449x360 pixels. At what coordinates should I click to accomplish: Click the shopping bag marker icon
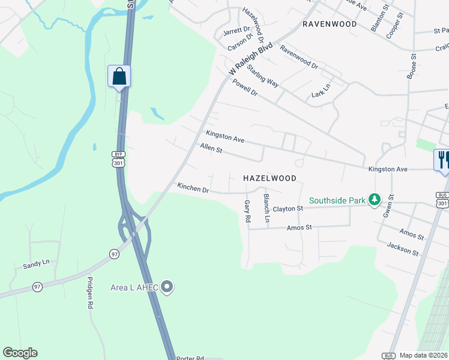pyautogui.click(x=119, y=76)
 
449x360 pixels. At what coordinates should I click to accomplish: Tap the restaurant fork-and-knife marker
pyautogui.click(x=442, y=160)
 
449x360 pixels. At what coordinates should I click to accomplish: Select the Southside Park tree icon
pyautogui.click(x=375, y=199)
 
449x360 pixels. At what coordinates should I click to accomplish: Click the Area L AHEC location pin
pyautogui.click(x=167, y=287)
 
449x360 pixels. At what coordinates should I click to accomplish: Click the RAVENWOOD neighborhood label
pyautogui.click(x=330, y=24)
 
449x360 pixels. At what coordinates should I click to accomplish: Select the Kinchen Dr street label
pyautogui.click(x=193, y=188)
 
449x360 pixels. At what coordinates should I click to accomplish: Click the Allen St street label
pyautogui.click(x=211, y=148)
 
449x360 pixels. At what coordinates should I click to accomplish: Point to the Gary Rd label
pyautogui.click(x=247, y=211)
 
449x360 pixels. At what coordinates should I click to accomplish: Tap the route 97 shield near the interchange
pyautogui.click(x=114, y=254)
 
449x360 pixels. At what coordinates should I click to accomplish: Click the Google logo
pyautogui.click(x=20, y=353)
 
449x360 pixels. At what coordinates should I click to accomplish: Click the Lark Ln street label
pyautogui.click(x=321, y=91)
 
